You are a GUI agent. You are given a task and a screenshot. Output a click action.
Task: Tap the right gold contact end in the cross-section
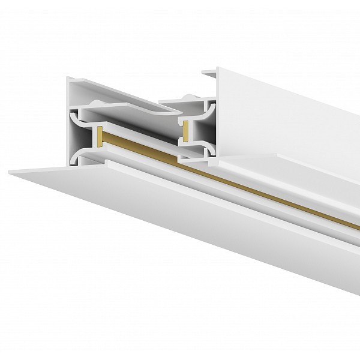186,128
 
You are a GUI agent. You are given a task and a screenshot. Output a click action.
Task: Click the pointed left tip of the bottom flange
11,172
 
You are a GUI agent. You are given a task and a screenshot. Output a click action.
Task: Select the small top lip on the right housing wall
209,73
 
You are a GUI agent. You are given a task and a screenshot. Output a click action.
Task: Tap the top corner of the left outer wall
68,79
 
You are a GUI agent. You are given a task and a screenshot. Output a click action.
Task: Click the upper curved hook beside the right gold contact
207,112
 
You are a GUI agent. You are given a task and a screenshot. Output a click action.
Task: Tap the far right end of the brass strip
356,226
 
